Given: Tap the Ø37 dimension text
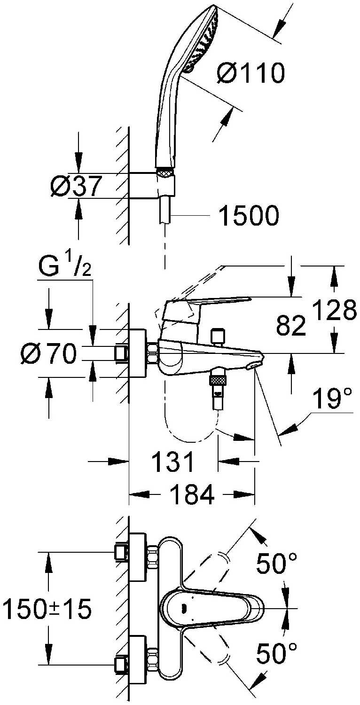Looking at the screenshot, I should click(76, 187).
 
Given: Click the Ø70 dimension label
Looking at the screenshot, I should click(48, 353).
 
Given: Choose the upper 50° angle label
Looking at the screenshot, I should click(277, 563).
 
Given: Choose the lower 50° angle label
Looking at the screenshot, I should click(277, 653).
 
